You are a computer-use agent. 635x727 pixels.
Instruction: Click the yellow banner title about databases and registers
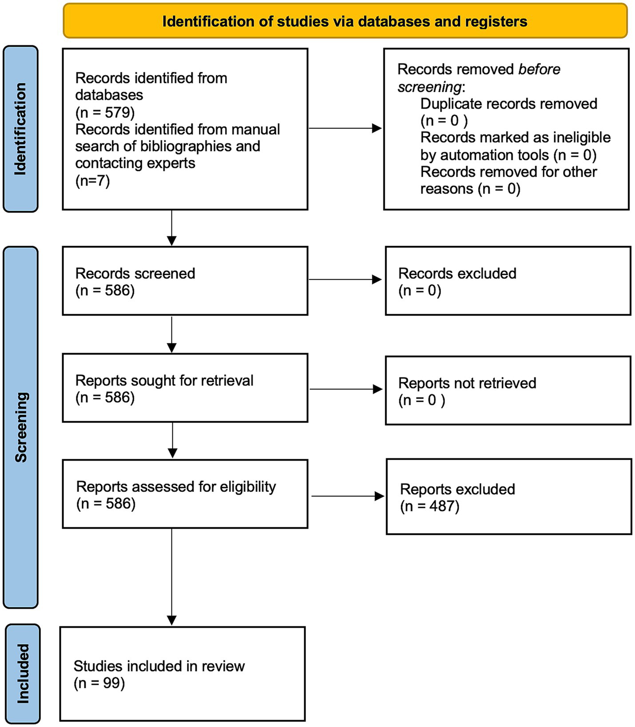(345, 21)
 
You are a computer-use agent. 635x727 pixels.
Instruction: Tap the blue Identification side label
(21, 129)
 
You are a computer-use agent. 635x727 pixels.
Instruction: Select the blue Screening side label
(21, 427)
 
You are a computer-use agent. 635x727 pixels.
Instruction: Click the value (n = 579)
(105, 112)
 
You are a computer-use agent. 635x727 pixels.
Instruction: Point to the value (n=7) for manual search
(92, 181)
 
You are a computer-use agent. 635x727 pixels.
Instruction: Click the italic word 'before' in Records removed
(539, 69)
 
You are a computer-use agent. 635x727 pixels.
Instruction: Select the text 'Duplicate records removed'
(508, 104)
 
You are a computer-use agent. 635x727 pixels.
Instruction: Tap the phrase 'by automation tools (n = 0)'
(508, 155)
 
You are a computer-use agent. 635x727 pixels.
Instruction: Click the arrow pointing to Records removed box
(345, 128)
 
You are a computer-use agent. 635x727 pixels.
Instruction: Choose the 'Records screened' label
(135, 273)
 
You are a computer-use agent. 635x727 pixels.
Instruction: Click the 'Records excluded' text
(457, 273)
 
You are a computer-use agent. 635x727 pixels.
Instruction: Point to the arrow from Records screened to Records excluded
(345, 280)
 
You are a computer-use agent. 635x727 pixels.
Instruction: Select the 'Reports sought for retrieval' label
(164, 380)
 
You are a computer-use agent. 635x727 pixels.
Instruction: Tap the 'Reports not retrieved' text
(467, 383)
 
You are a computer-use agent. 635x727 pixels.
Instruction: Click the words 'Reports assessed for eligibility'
(176, 487)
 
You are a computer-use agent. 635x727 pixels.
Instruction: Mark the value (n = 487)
(429, 506)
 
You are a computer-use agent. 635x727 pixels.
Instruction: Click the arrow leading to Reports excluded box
(347, 496)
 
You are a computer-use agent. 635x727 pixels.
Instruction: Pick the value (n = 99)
(99, 683)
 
